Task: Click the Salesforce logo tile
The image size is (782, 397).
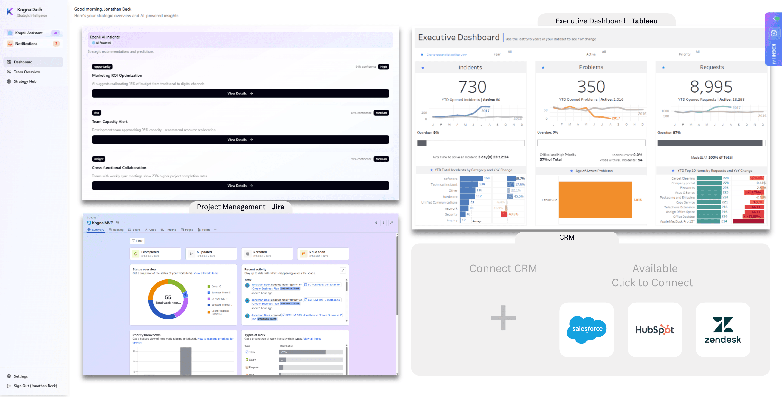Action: click(x=586, y=330)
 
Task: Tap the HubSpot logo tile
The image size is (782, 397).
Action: click(x=654, y=330)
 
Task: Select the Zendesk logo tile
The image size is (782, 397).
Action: click(x=723, y=330)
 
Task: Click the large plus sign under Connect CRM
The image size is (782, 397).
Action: click(x=503, y=318)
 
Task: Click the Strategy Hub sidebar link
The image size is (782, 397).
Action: click(x=25, y=81)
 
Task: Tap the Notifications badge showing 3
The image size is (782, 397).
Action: click(x=56, y=44)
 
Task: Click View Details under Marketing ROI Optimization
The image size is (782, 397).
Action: click(x=240, y=94)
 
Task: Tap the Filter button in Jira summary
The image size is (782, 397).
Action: click(x=137, y=241)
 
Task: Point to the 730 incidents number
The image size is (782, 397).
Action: click(x=472, y=87)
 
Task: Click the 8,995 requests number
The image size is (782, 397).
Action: click(x=711, y=87)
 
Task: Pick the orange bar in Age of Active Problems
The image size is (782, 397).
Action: click(x=595, y=200)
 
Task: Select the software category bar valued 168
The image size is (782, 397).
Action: click(x=471, y=178)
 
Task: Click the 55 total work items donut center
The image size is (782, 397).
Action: click(x=168, y=299)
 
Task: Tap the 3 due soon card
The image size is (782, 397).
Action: click(x=323, y=254)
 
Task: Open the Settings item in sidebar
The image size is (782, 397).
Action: click(x=21, y=376)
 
